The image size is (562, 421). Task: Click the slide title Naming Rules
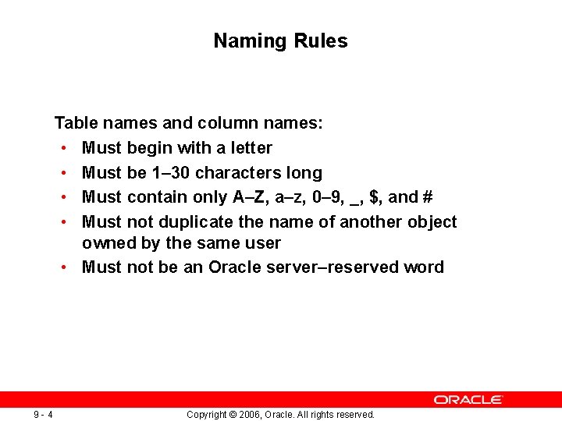pyautogui.click(x=280, y=41)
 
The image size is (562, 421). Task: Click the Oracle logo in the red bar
pyautogui.click(x=468, y=399)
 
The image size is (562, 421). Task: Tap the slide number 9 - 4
pyautogui.click(x=43, y=414)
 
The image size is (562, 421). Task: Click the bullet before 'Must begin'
pyautogui.click(x=62, y=148)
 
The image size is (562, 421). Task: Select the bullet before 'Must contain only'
pyautogui.click(x=62, y=197)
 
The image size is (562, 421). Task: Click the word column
pyautogui.click(x=225, y=123)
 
